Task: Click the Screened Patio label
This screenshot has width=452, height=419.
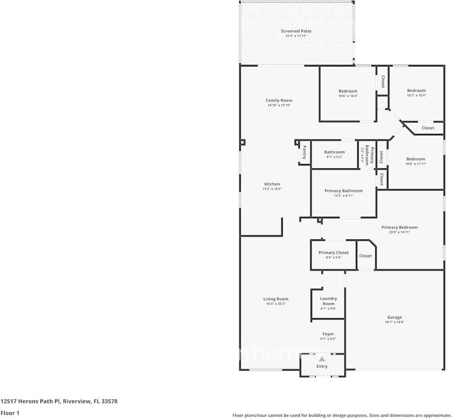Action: pos(296,31)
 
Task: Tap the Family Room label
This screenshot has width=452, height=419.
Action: pos(279,100)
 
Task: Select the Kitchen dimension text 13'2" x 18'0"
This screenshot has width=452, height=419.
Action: pos(272,189)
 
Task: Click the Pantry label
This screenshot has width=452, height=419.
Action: pos(305,153)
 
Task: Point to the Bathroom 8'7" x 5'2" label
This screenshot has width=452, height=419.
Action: pos(334,152)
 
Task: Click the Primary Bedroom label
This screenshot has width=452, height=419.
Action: pos(399,227)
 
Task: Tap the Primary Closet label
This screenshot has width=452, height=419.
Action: pos(334,253)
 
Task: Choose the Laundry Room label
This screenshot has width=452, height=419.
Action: pos(328,301)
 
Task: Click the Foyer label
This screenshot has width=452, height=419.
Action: pos(328,334)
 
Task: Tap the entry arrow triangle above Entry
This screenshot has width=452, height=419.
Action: pos(322,359)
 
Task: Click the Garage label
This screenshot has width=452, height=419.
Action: pos(394,317)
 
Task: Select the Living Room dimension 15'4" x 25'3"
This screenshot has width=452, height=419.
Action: pos(276,304)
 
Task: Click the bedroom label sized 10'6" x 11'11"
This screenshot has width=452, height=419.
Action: pos(416,159)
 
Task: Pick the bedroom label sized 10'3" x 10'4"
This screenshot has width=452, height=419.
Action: pos(416,90)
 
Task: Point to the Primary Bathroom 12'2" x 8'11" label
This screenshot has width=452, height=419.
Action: pos(344,191)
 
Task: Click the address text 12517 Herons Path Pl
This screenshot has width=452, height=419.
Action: pos(59,402)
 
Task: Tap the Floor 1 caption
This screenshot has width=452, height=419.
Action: pos(10,413)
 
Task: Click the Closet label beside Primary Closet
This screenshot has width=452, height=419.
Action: pos(365,256)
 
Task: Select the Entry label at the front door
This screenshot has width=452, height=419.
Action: pos(322,366)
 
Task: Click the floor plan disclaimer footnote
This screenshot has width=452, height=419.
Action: pos(342,415)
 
